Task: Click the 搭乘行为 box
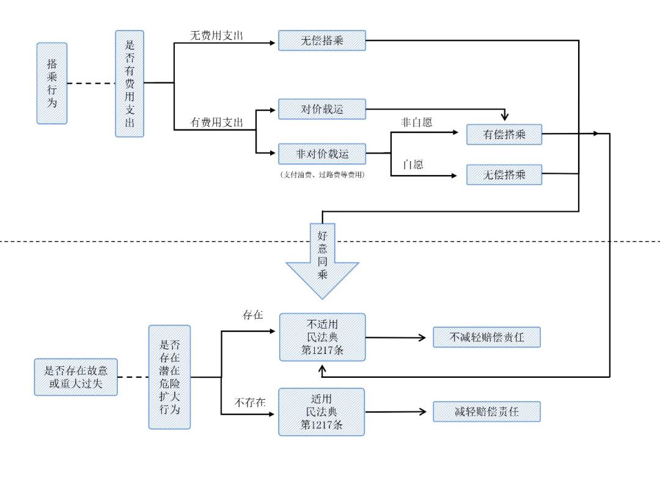coord(52,83)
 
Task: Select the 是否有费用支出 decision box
coord(130,84)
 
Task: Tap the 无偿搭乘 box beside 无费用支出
coord(322,41)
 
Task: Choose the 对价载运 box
coord(322,109)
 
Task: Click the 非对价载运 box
coord(322,154)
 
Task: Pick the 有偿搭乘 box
coord(504,134)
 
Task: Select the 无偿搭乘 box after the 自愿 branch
coord(504,175)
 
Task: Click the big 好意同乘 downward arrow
coord(322,259)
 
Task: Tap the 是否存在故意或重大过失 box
coord(76,377)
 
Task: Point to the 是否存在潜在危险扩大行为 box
coord(169,377)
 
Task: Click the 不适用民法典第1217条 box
coord(322,338)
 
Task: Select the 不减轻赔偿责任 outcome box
coord(486,338)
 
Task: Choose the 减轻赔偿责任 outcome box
coord(486,412)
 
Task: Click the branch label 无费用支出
coord(216,35)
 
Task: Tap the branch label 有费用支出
coord(216,123)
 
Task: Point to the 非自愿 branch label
coord(416,122)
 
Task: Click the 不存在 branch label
coord(249,402)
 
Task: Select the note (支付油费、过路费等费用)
coord(322,175)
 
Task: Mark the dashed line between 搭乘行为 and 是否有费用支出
coord(90,83)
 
